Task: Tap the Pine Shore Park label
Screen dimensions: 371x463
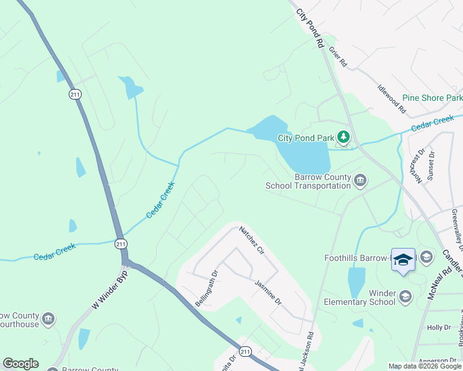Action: coord(432,98)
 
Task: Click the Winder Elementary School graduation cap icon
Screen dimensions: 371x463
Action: coord(405,297)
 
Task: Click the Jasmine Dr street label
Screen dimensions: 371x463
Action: coord(268,292)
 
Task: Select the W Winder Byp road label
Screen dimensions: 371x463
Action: coord(110,289)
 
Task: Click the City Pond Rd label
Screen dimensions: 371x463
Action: coord(309,28)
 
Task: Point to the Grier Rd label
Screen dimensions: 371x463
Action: coord(339,57)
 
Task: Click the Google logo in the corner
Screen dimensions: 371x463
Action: coord(20,364)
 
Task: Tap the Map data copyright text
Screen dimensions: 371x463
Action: coord(425,366)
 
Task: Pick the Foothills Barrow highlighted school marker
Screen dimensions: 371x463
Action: coord(403,260)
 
